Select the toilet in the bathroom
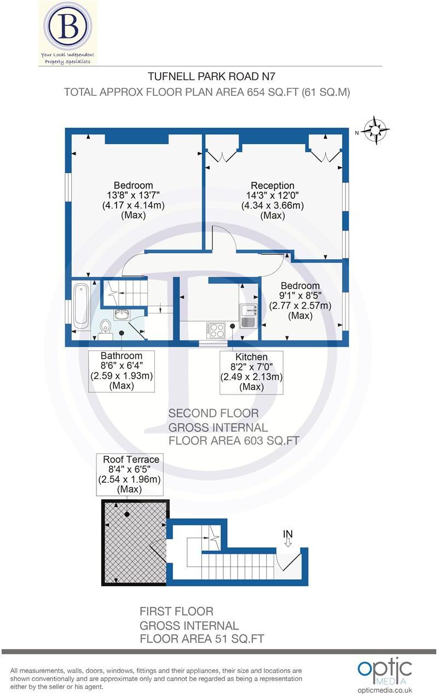coord(105,327)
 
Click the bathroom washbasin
coord(121,314)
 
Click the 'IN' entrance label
coord(288,533)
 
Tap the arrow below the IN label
coord(288,542)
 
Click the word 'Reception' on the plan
coord(273,186)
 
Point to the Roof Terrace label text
coord(131,459)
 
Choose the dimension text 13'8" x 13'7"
coord(133,195)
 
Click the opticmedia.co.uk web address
coord(384,690)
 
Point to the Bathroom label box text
coord(121,356)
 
